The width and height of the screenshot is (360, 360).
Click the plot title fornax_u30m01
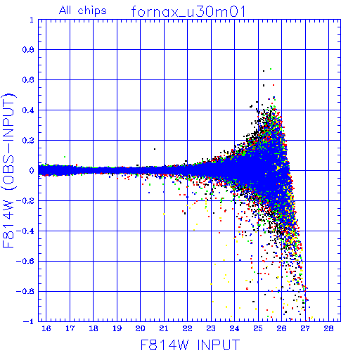point(188,11)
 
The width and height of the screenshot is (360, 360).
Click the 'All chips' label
point(83,11)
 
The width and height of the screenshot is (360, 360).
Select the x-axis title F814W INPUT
point(191,345)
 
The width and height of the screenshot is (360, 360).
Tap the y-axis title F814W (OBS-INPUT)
point(8,170)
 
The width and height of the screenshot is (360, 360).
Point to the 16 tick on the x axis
point(46,328)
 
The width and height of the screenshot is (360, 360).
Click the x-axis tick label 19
point(117,328)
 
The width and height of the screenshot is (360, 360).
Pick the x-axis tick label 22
point(188,328)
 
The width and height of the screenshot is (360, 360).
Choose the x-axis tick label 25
point(258,328)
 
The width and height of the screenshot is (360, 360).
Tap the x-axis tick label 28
point(328,328)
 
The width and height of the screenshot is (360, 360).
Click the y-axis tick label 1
point(32,20)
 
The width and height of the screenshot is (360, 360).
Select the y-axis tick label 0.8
point(28,50)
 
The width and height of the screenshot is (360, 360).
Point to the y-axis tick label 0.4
point(28,110)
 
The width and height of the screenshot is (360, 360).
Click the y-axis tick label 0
point(32,170)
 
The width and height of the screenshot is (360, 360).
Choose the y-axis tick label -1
point(29,321)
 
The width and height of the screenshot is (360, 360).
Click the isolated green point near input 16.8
point(65,157)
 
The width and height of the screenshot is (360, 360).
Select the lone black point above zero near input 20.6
point(155,149)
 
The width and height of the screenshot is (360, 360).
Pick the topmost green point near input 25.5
point(271,69)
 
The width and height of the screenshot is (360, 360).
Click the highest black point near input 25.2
point(264,71)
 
